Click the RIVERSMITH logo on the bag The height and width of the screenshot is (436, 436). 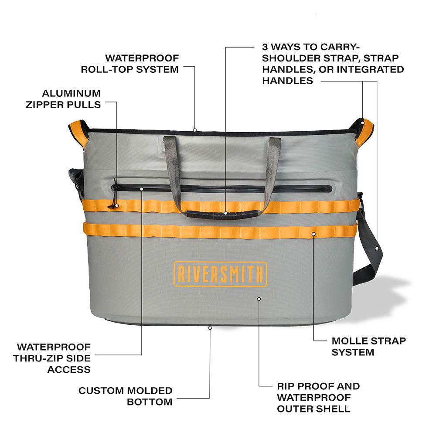click(x=220, y=274)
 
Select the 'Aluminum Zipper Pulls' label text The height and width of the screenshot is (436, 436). click(x=72, y=99)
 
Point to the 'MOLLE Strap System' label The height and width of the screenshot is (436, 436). click(x=368, y=346)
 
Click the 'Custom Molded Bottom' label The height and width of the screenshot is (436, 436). click(x=126, y=396)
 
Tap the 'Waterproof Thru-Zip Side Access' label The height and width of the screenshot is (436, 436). click(x=54, y=358)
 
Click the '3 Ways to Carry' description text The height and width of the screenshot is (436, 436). click(x=333, y=64)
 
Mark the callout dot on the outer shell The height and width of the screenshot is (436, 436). click(x=259, y=299)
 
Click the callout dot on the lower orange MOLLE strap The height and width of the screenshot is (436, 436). click(x=313, y=234)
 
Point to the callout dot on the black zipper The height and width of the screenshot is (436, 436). click(x=142, y=189)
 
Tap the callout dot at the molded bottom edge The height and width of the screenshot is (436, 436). click(x=210, y=327)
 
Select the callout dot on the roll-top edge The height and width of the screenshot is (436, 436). click(x=195, y=129)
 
